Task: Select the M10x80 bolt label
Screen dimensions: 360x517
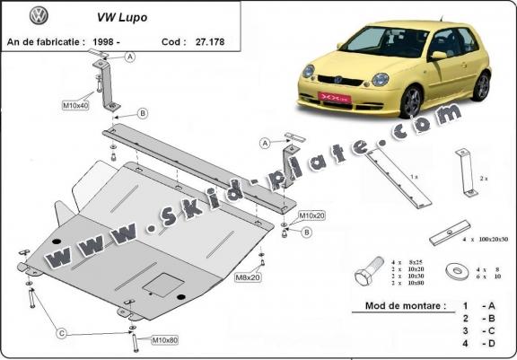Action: click(165, 340)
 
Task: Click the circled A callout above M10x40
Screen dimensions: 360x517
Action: click(130, 57)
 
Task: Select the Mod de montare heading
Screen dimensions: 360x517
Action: click(405, 305)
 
